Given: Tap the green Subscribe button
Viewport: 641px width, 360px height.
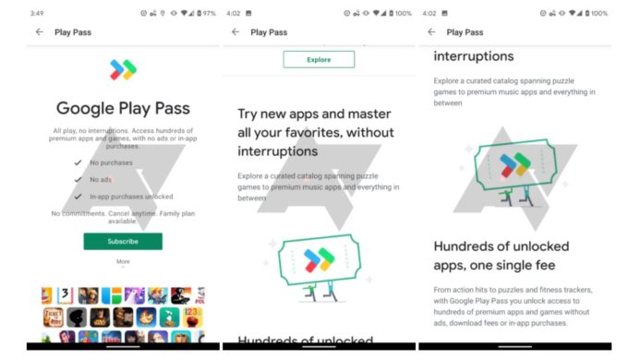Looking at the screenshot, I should [123, 241].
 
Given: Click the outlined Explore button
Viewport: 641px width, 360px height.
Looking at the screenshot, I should [319, 59].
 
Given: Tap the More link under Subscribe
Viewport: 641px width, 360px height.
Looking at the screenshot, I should [123, 261].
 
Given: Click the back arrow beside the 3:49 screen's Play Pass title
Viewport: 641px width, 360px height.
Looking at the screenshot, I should [40, 32].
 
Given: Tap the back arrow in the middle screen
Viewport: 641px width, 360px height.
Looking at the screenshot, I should [236, 32].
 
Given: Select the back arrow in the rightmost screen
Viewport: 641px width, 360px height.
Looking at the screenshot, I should [431, 32].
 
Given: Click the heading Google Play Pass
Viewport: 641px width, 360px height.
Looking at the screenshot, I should [123, 109].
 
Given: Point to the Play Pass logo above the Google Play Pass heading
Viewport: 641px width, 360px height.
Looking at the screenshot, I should [123, 69].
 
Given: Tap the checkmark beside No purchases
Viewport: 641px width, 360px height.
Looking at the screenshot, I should [79, 162].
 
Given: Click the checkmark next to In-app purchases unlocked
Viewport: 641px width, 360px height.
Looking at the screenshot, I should [79, 196].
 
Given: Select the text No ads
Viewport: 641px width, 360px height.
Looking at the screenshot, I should [101, 179].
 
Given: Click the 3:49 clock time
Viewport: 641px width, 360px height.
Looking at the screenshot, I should [37, 13].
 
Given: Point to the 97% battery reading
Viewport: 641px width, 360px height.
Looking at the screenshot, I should [209, 13].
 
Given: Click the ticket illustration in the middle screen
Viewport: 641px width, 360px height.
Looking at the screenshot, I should [319, 259].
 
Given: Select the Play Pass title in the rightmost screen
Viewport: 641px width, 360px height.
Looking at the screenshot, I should [465, 32].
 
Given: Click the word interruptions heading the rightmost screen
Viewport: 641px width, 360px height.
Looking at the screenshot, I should [474, 57].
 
